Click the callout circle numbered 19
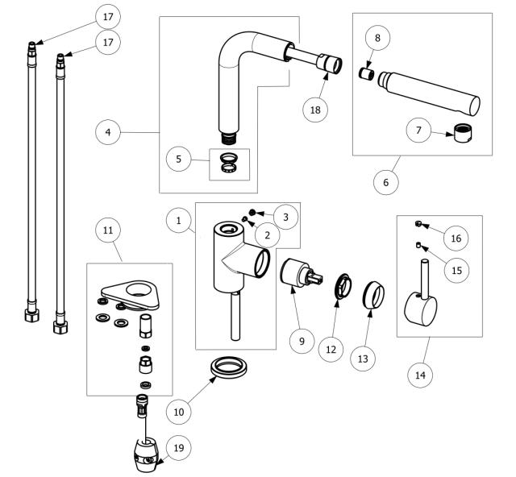click(x=179, y=448)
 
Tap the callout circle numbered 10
click(x=179, y=412)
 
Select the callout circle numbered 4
click(x=108, y=132)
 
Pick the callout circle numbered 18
click(x=315, y=110)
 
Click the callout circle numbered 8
click(x=377, y=38)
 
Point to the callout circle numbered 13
click(x=363, y=359)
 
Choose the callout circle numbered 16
click(x=456, y=238)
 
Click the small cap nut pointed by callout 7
click(x=463, y=133)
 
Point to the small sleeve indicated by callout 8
click(x=366, y=73)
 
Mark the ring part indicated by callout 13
click(x=373, y=295)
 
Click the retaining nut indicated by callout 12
click(x=343, y=286)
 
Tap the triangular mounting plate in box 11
click(x=131, y=295)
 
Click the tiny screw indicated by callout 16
click(x=418, y=224)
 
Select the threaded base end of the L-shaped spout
click(x=229, y=138)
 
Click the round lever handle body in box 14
click(x=420, y=309)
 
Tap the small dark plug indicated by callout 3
click(x=252, y=212)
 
